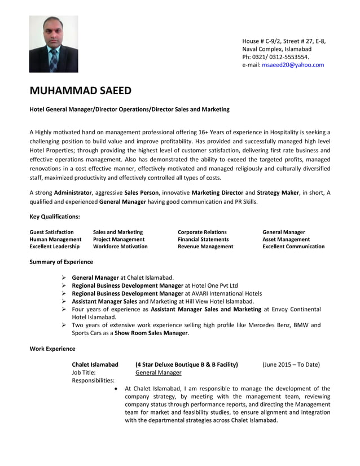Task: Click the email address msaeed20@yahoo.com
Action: click(293, 65)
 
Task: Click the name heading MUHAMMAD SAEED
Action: click(80, 91)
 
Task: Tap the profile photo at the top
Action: click(54, 44)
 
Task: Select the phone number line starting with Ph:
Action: click(275, 57)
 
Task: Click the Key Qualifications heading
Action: click(54, 216)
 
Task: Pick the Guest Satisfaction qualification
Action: click(51, 232)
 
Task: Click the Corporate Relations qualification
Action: click(202, 232)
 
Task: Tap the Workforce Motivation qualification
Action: click(120, 247)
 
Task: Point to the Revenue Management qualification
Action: click(205, 247)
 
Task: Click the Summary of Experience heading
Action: click(61, 262)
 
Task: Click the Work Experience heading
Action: click(52, 349)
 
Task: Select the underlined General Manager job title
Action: click(159, 372)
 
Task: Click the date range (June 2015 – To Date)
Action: click(291, 364)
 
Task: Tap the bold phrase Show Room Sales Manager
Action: click(152, 333)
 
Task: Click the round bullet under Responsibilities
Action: click(116, 389)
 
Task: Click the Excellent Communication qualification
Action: click(293, 247)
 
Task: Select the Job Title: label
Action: click(84, 372)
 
